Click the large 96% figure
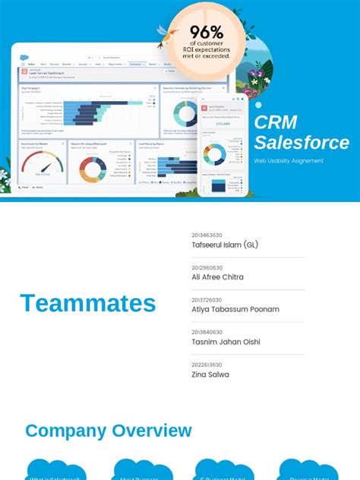pyautogui.click(x=207, y=32)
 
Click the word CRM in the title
pyautogui.click(x=276, y=122)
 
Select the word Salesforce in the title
pyautogui.click(x=302, y=143)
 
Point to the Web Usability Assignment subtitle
pyautogui.click(x=289, y=161)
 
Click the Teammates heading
pyautogui.click(x=88, y=303)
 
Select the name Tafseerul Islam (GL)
pyautogui.click(x=225, y=245)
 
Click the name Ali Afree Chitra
pyautogui.click(x=218, y=277)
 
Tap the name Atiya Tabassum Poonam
pyautogui.click(x=235, y=309)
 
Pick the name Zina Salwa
pyautogui.click(x=210, y=374)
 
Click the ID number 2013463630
pyautogui.click(x=207, y=235)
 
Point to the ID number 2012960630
pyautogui.click(x=207, y=267)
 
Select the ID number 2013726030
pyautogui.click(x=207, y=300)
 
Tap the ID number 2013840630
pyautogui.click(x=207, y=332)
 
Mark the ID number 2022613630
pyautogui.click(x=207, y=365)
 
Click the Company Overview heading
pyautogui.click(x=109, y=431)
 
